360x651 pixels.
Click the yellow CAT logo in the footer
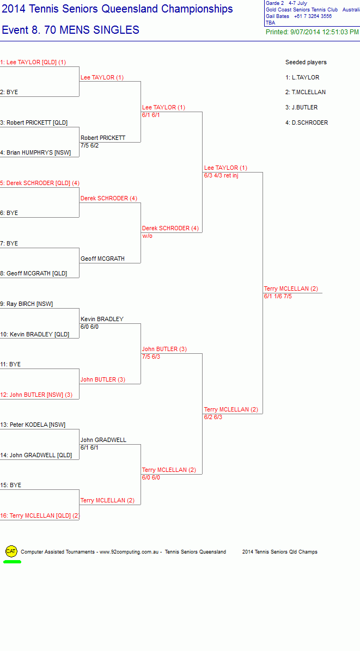click(11, 551)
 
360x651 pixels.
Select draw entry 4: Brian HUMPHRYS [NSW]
click(35, 153)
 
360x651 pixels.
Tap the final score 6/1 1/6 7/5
click(278, 297)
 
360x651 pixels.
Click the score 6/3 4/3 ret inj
click(221, 176)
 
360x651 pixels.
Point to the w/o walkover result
click(148, 236)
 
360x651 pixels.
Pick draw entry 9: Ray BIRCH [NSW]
click(27, 304)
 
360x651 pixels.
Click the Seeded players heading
click(306, 62)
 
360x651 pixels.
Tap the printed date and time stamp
click(312, 32)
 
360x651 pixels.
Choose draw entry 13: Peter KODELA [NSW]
click(33, 425)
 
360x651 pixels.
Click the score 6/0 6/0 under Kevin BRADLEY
click(90, 327)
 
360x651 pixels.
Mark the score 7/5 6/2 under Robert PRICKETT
click(90, 145)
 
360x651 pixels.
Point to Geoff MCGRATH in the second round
click(102, 259)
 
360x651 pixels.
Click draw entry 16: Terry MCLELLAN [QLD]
click(40, 515)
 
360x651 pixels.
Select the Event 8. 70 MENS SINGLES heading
click(71, 30)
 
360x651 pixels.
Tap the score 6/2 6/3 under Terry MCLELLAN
click(213, 417)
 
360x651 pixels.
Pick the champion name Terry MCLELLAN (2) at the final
click(291, 289)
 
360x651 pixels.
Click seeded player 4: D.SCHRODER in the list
click(307, 123)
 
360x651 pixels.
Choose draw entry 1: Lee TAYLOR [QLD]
click(33, 62)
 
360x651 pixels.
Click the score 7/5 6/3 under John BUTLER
click(151, 357)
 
